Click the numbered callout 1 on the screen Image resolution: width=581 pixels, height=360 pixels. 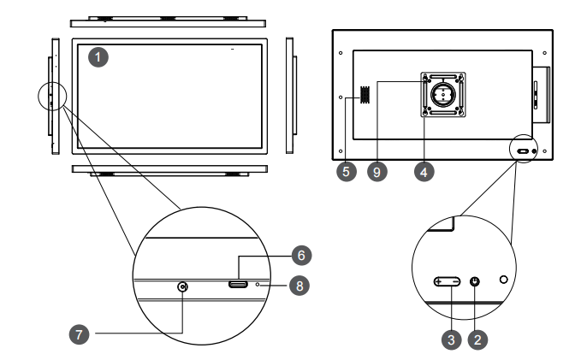(100, 58)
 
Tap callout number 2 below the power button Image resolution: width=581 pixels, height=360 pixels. (480, 339)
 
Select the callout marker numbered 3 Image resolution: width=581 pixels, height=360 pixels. (448, 339)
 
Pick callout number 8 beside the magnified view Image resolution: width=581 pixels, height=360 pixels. (296, 286)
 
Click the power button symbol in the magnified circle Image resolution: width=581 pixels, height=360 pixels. (476, 281)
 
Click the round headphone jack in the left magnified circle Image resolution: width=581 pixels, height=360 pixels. (182, 287)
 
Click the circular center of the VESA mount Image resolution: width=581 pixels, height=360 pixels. (442, 94)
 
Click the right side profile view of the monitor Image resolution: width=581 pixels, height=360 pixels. (290, 94)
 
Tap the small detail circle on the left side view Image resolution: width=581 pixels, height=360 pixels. (50, 97)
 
